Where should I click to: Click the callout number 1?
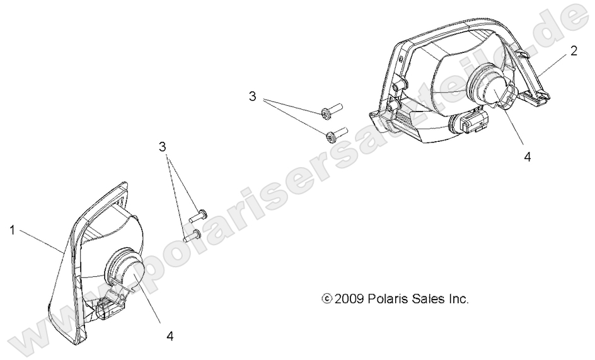click(12, 229)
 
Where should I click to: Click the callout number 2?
click(574, 50)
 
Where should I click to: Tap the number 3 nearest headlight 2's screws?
click(252, 96)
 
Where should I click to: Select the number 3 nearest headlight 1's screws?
click(163, 146)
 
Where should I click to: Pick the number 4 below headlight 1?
click(170, 335)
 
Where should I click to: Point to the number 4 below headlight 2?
click(528, 157)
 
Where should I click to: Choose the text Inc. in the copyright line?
click(459, 299)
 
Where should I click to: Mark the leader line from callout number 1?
click(40, 241)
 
